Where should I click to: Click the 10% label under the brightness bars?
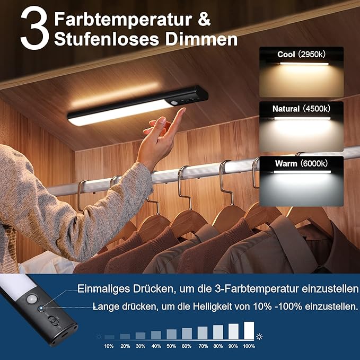click(109, 346)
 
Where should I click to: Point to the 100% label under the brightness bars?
click(249, 346)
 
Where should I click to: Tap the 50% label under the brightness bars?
click(171, 346)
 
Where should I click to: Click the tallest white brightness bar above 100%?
click(249, 330)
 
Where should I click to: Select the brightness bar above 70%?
click(203, 332)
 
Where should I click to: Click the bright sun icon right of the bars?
click(259, 336)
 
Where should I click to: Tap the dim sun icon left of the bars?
click(98, 337)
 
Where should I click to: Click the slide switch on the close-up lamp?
click(54, 321)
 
